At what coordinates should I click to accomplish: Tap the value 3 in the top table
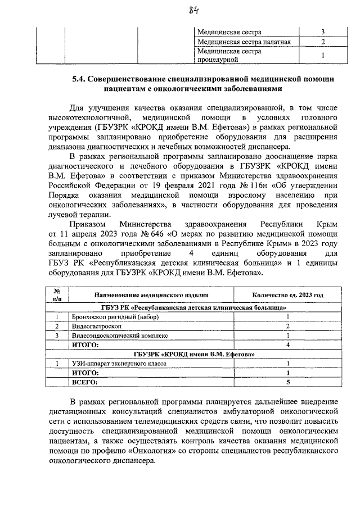tap(323, 32)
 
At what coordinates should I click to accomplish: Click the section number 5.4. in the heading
tap(79, 79)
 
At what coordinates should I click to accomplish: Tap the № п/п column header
tap(56, 295)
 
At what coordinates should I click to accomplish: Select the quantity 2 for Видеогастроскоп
tap(287, 326)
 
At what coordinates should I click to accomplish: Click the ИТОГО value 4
tap(287, 344)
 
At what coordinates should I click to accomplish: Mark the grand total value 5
tap(287, 382)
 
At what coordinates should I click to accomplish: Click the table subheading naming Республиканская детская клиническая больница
tap(193, 307)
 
